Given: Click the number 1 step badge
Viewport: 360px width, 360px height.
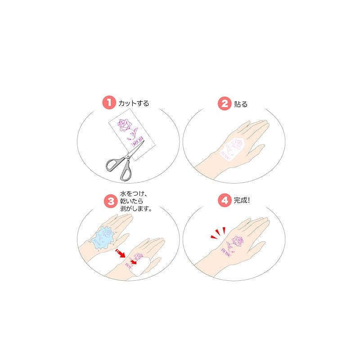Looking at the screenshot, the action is click(109, 103).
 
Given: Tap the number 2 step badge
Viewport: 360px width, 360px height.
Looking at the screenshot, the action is click(225, 103).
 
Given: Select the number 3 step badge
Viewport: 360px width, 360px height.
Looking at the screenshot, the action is click(111, 201).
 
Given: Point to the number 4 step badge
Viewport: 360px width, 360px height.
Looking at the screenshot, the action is click(225, 200).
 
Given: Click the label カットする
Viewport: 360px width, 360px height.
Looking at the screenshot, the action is click(134, 103).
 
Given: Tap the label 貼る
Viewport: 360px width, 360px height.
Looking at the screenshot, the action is click(241, 104).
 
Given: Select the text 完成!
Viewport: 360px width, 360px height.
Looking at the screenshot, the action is click(242, 200).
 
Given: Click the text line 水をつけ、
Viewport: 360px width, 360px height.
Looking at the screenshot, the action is click(133, 194).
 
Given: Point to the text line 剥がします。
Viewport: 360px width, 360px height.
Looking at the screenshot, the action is click(136, 208).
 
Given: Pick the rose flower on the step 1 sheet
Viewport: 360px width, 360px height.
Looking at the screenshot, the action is click(125, 125).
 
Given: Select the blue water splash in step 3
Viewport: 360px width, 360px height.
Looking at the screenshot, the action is click(103, 238).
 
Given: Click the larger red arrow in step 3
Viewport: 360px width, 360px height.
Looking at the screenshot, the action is click(120, 253).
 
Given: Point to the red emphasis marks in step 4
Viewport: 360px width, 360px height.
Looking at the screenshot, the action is click(218, 233).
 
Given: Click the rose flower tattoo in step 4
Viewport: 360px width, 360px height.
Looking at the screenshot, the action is click(238, 241).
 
